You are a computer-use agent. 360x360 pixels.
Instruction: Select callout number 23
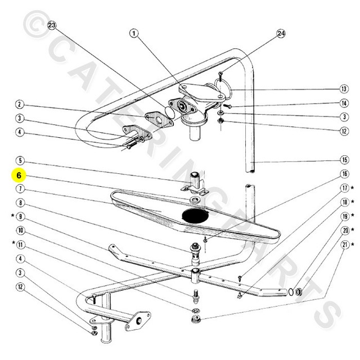click(52, 26)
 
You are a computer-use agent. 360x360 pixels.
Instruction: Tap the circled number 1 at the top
click(133, 33)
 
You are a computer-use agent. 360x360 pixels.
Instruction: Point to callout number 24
click(281, 34)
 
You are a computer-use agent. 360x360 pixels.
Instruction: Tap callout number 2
click(19, 104)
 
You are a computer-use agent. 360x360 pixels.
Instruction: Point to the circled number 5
click(19, 160)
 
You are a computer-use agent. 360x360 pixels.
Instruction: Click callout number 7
click(19, 188)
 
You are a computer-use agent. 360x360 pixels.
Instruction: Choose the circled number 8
click(19, 202)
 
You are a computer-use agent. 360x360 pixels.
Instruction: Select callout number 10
click(19, 231)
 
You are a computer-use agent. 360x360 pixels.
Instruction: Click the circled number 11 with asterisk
click(19, 245)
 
